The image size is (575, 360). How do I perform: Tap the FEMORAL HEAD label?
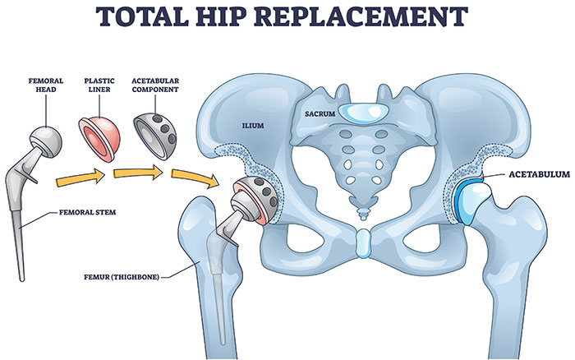tap(46, 85)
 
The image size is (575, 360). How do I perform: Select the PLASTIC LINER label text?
tap(99, 85)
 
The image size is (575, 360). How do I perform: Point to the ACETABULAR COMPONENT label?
tap(155, 85)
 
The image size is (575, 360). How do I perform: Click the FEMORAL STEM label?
tap(87, 212)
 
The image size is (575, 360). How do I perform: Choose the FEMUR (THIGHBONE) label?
tap(122, 277)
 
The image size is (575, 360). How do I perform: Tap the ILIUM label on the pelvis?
tap(253, 126)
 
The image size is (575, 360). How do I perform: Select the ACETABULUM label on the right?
tap(539, 174)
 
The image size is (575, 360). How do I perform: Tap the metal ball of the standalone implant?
tap(45, 141)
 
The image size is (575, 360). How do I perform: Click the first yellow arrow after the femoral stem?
tap(80, 178)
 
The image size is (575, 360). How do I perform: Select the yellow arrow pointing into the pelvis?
tap(195, 178)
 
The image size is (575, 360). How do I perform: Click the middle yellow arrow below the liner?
tap(138, 172)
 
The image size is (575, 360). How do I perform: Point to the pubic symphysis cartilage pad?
tap(363, 242)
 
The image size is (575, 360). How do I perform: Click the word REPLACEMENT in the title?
tap(363, 16)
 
